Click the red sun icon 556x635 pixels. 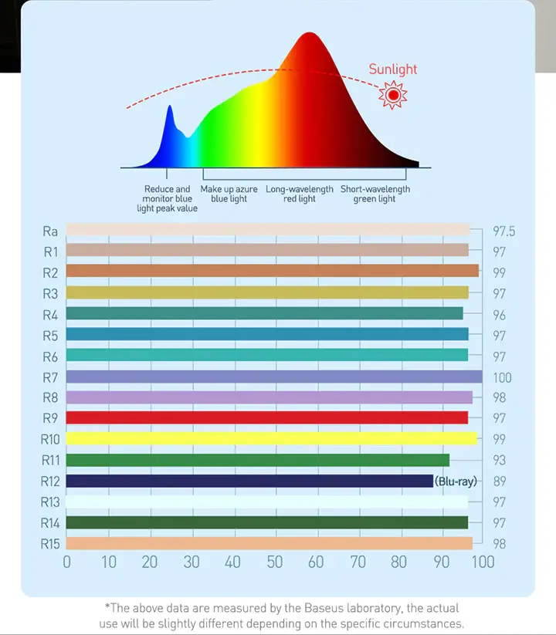pos(393,95)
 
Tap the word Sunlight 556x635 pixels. pos(392,69)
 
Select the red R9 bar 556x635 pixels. pos(267,417)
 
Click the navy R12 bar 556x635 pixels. pos(249,481)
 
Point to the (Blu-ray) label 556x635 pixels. pos(456,481)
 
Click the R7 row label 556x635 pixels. pos(50,377)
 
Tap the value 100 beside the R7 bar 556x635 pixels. pos(502,377)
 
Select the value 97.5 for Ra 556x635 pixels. pos(503,231)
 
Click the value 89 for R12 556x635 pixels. pos(499,481)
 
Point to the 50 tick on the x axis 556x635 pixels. pos(274,562)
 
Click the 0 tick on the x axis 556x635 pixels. pos(66,562)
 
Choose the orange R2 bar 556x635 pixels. pos(272,271)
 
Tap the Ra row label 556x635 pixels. pos(50,231)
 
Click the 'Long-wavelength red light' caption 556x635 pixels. pos(300,194)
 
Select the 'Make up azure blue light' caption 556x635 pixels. pos(229,194)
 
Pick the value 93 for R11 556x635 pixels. pos(499,461)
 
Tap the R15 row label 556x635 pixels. pos(50,543)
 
